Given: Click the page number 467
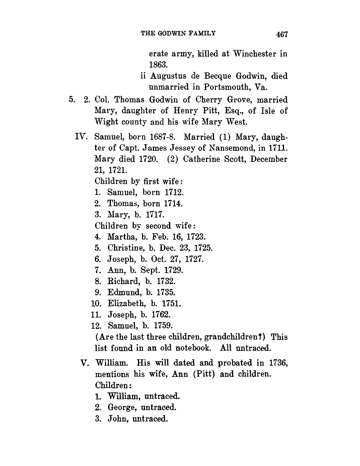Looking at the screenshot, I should click(281, 34).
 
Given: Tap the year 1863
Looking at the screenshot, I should click(159, 65).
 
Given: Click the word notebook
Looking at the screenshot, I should click(193, 348).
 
